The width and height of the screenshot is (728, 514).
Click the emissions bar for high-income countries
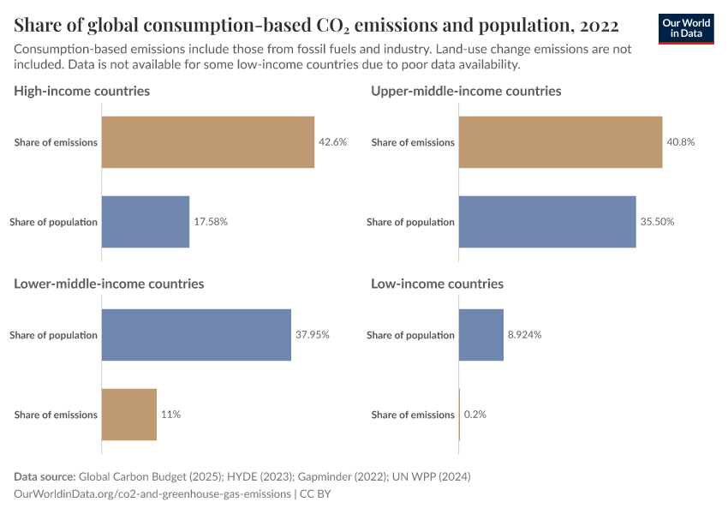coord(208,142)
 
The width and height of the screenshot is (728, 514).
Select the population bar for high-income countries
coord(146,222)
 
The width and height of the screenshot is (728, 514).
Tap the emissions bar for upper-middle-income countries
coord(561,142)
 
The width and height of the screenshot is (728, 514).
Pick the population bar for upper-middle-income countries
coord(547,222)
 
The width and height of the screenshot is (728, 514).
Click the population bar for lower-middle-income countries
coord(197,335)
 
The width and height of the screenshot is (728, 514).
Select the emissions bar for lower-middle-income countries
coord(129,415)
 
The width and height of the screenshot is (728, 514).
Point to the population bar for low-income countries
coord(481,335)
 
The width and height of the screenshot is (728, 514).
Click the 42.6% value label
coord(332,142)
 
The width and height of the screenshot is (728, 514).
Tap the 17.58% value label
coord(211,222)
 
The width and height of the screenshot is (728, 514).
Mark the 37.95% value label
coord(313,335)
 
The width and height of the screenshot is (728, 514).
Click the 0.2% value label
coord(474,415)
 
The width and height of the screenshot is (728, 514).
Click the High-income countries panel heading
coord(82,91)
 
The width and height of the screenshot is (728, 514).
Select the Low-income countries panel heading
coord(437,284)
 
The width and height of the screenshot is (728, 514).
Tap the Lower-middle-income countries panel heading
coord(109,284)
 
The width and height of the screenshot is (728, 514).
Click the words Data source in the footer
coord(45,476)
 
